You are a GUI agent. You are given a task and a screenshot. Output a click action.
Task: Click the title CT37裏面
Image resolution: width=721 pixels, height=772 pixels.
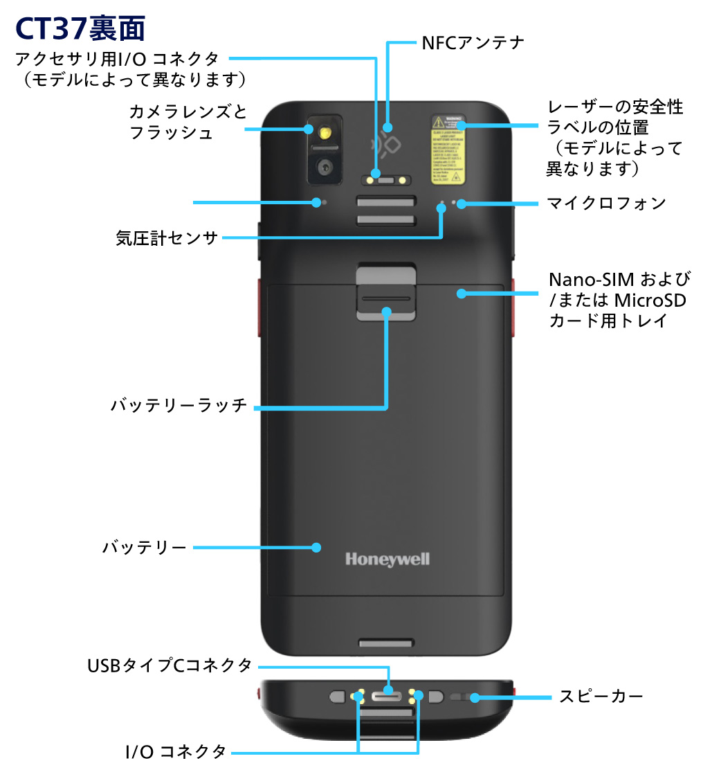pos(80,28)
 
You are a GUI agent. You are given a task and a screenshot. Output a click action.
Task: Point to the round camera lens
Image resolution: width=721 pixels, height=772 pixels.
pos(323,166)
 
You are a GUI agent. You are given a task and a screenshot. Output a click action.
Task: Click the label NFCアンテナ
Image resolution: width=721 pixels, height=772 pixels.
pos(473,43)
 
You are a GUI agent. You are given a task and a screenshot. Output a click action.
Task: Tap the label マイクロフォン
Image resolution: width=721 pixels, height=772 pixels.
pos(606,203)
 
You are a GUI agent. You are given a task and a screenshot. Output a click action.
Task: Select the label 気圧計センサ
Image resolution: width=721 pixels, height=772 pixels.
pos(166,239)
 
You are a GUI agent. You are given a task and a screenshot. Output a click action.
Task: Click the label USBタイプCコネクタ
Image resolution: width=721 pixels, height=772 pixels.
pos(170,666)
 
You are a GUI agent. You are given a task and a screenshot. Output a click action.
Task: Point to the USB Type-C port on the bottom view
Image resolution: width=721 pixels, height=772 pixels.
pos(387,694)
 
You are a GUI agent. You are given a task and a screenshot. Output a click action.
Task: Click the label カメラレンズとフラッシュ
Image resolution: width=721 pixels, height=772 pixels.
pos(188,122)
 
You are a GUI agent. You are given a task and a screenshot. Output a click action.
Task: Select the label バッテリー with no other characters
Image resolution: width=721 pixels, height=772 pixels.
pos(145,548)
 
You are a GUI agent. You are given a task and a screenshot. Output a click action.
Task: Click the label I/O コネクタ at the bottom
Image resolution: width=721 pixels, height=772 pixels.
pos(176,751)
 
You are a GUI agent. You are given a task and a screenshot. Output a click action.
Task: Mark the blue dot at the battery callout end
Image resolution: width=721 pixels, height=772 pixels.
pos(316,548)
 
